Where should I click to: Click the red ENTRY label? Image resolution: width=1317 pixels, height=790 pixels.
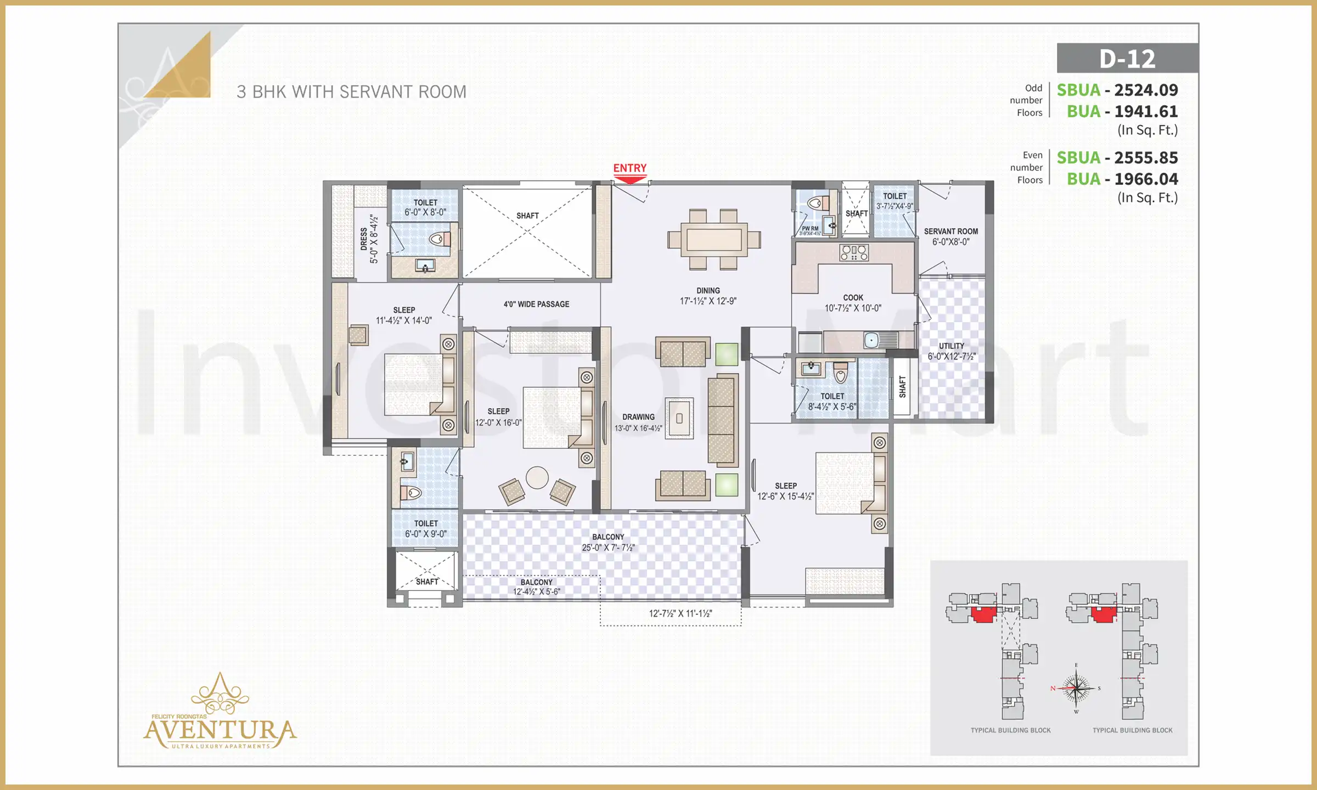pyautogui.click(x=629, y=168)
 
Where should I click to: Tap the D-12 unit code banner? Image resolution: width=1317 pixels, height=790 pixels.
pyautogui.click(x=1127, y=59)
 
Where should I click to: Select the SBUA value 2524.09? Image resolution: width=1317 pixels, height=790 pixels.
pyautogui.click(x=1146, y=90)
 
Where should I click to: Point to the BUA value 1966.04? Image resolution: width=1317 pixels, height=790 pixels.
pyautogui.click(x=1146, y=179)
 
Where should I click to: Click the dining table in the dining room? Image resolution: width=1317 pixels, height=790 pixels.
pyautogui.click(x=714, y=240)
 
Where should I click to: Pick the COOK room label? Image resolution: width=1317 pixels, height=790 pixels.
pyautogui.click(x=853, y=298)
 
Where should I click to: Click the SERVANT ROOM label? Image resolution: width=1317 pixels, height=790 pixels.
pyautogui.click(x=950, y=232)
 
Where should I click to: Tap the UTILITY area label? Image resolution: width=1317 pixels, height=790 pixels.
pyautogui.click(x=951, y=346)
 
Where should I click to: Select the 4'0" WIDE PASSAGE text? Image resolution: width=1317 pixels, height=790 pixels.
pyautogui.click(x=536, y=304)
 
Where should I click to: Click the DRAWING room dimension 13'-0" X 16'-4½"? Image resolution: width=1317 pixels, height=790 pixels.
pyautogui.click(x=638, y=428)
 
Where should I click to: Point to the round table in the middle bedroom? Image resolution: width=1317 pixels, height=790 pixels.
pyautogui.click(x=537, y=477)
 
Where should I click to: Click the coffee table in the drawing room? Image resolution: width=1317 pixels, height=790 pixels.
pyautogui.click(x=679, y=418)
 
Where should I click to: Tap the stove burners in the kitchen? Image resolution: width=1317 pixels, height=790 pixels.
pyautogui.click(x=854, y=252)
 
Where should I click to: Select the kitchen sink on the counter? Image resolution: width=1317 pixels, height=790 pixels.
pyautogui.click(x=872, y=341)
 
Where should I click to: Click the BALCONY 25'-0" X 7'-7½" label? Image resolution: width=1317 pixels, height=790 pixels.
pyautogui.click(x=608, y=543)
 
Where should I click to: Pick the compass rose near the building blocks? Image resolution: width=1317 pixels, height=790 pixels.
pyautogui.click(x=1076, y=688)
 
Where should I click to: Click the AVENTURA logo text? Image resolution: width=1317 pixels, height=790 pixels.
pyautogui.click(x=219, y=731)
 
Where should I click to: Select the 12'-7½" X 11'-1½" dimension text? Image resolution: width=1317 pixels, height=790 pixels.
pyautogui.click(x=680, y=613)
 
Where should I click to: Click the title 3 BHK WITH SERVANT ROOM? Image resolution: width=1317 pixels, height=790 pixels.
pyautogui.click(x=351, y=92)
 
